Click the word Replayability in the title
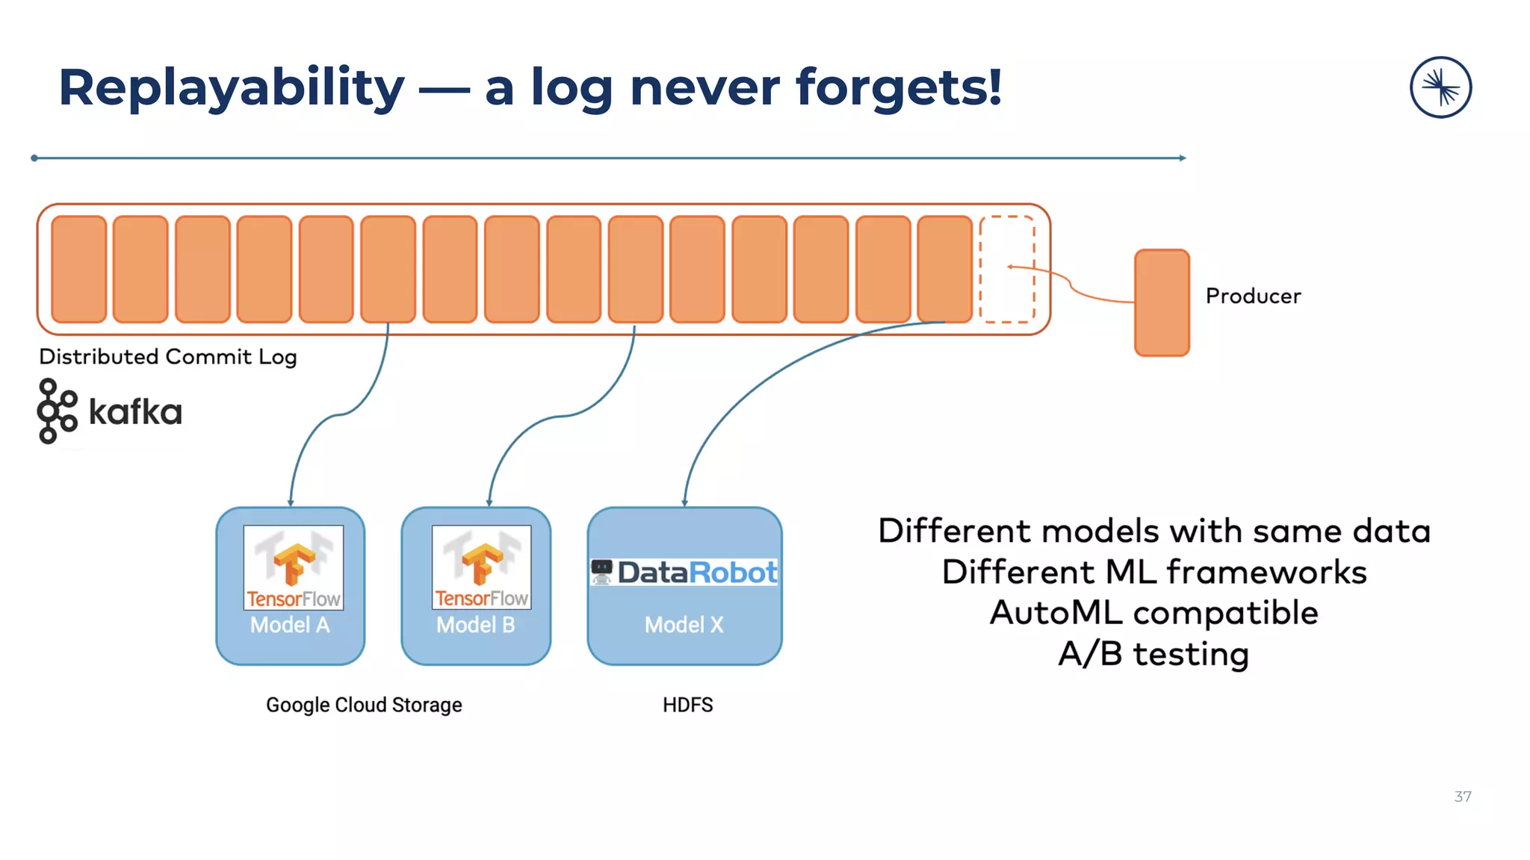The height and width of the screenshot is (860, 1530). coord(232,88)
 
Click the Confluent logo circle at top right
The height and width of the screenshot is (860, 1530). coord(1440,87)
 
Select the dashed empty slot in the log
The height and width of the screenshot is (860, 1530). coord(1007,269)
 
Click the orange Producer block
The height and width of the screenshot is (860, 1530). coord(1162,303)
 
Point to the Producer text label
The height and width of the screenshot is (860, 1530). coord(1253,296)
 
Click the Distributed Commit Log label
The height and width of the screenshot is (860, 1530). coord(168,357)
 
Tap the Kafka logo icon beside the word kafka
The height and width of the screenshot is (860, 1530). coord(57,411)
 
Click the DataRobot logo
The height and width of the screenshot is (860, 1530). coord(684,573)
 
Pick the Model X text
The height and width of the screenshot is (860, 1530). coord(684,625)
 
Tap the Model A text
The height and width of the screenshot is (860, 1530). coord(290,625)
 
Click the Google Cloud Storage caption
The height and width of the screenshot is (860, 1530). coord(364,705)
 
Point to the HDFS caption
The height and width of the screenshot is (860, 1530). coord(687,705)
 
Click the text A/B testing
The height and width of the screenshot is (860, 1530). coord(1153,654)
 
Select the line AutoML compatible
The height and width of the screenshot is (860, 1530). coord(1153,613)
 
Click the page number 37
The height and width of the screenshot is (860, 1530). coord(1462,797)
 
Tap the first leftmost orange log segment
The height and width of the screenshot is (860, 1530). coord(79,269)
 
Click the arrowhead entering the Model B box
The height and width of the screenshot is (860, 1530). coord(489,503)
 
